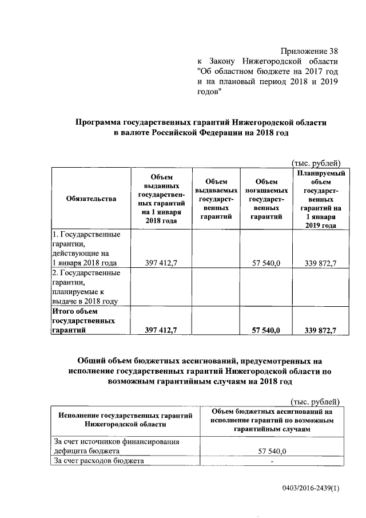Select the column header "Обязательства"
tap(91, 199)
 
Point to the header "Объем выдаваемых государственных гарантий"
tap(216, 199)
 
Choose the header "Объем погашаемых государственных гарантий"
tap(266, 199)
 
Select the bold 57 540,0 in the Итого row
tap(266, 330)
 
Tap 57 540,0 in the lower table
tap(272, 451)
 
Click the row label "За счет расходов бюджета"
tap(98, 461)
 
